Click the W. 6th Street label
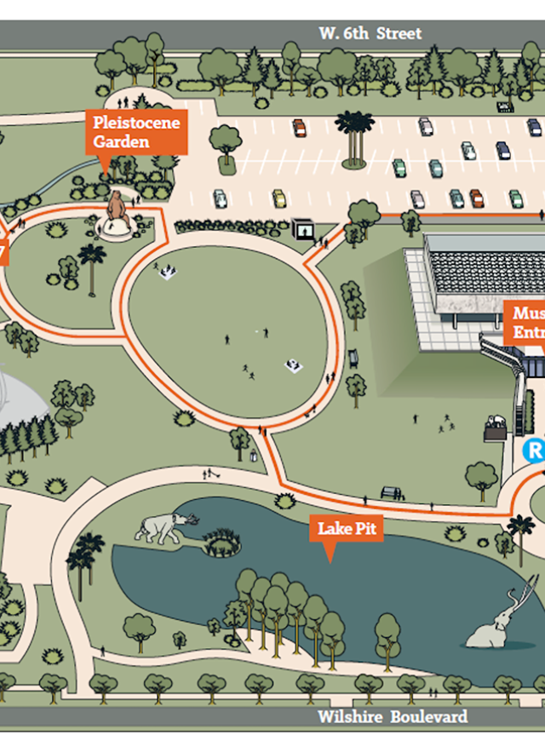tap(370, 34)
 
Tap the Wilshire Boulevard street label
tap(393, 716)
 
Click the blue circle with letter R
tap(534, 450)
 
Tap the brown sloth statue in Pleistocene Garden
tap(117, 210)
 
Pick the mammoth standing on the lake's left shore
tap(166, 527)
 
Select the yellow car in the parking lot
tap(278, 198)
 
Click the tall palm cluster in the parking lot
tap(353, 136)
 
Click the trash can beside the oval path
tap(253, 456)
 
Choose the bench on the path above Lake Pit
tap(392, 493)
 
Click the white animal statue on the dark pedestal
tap(495, 422)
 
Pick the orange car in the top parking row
tap(299, 128)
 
